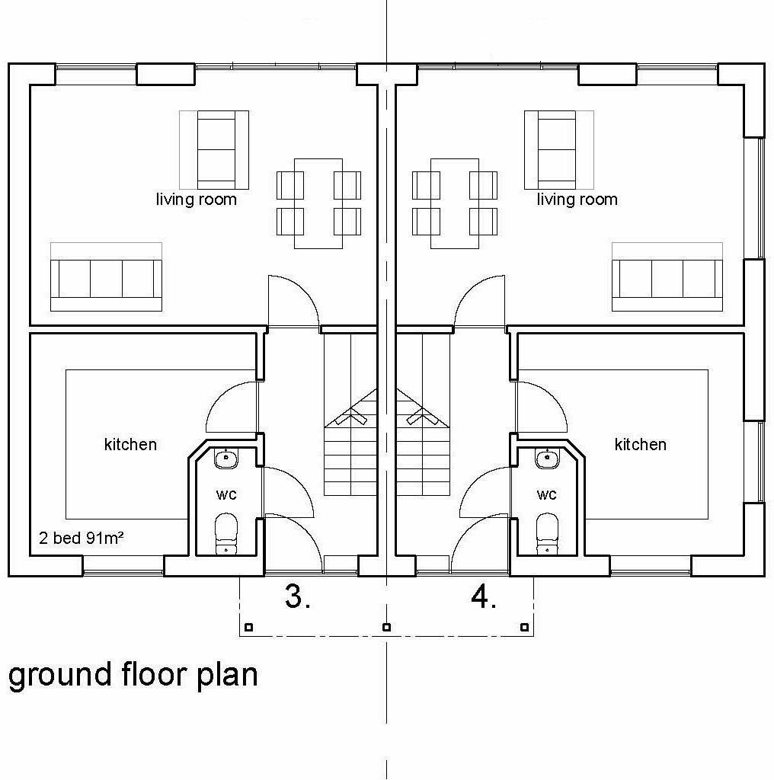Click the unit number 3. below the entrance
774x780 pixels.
(297, 597)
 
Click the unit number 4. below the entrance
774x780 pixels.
(484, 597)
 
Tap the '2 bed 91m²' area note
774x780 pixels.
(82, 539)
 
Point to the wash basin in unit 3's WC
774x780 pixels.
(225, 459)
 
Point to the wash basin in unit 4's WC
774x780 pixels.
(546, 459)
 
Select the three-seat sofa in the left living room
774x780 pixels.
(106, 279)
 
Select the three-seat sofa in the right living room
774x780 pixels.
(667, 279)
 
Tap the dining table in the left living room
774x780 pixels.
(318, 203)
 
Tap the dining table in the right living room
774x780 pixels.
(454, 203)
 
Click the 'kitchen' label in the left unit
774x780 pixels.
(130, 444)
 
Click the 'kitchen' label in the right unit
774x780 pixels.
(641, 444)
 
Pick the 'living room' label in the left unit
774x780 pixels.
(197, 200)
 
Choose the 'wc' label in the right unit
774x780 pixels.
(546, 495)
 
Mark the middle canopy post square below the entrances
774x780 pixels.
(386, 628)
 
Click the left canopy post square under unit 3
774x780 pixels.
(249, 628)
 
